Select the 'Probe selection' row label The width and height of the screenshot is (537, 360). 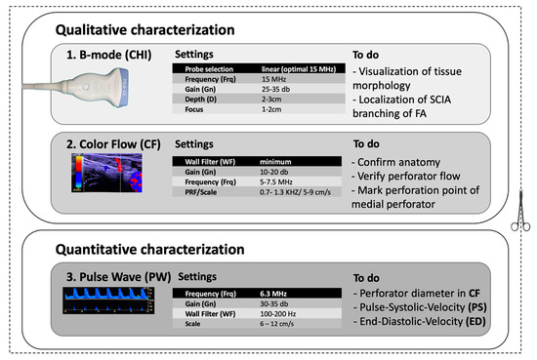[x=207, y=69]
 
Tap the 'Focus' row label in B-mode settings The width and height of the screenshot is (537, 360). [x=193, y=109]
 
